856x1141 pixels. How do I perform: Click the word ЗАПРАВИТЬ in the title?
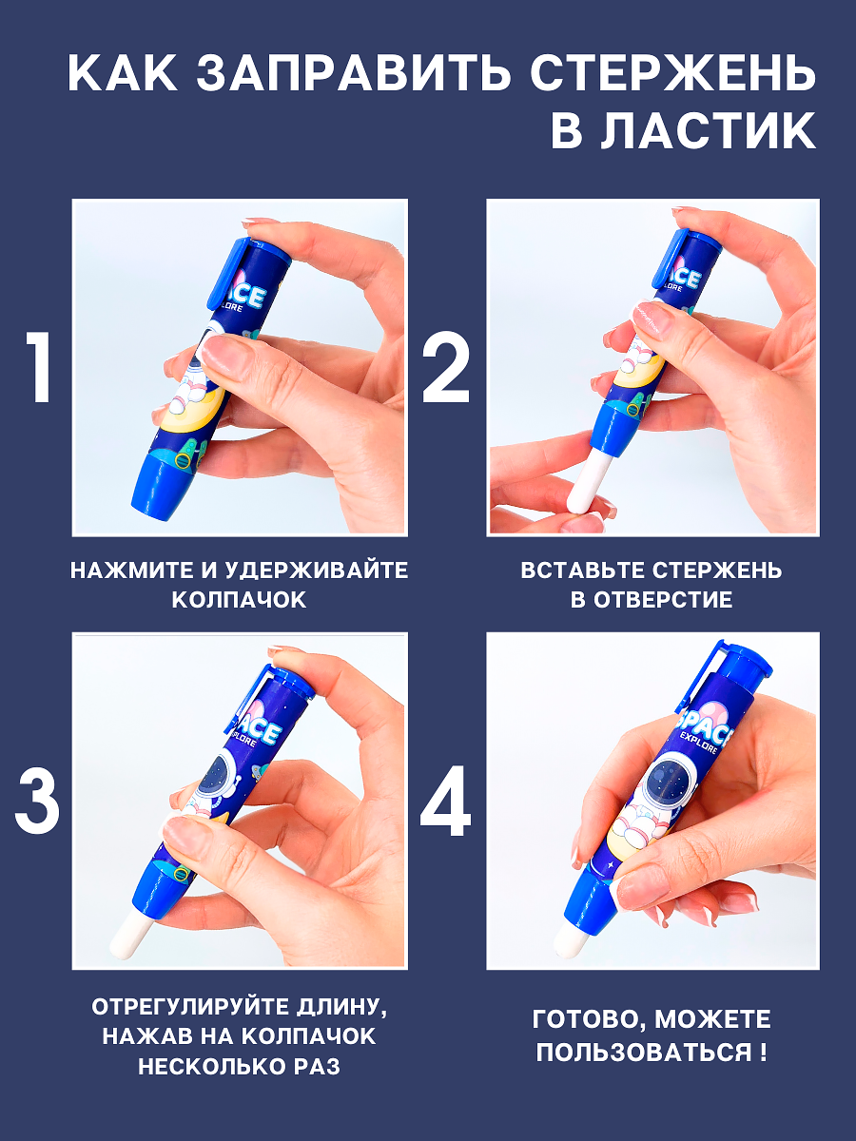coord(352,75)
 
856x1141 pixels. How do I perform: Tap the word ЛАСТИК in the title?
coord(709,131)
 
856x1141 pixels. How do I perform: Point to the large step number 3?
coord(37,803)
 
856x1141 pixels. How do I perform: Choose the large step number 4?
coord(445,801)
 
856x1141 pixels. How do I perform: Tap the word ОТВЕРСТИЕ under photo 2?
coord(663,600)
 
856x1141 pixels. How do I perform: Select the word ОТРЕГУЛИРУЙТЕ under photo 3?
coord(189,1007)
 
